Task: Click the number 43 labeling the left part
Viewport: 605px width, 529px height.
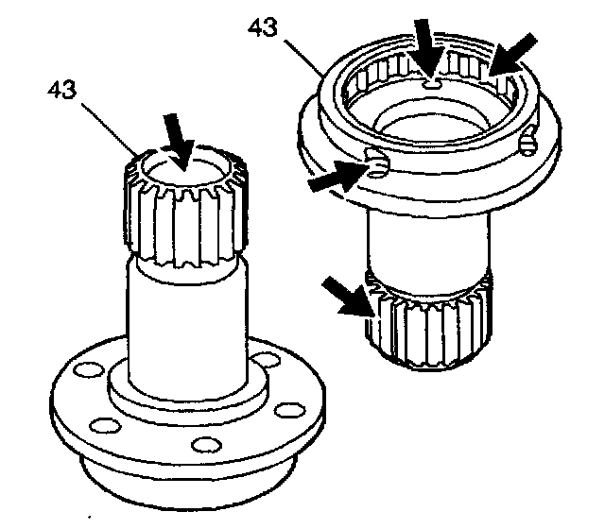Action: tap(62, 90)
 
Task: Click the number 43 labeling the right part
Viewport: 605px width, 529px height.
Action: tap(263, 28)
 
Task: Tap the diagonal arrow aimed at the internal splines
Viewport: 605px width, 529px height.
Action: tap(512, 53)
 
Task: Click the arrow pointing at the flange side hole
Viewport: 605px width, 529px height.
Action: tap(337, 176)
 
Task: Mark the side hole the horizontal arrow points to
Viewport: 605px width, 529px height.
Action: tap(376, 163)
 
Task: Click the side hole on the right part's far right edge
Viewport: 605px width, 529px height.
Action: tap(527, 142)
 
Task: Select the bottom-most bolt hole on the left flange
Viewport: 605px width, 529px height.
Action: tap(207, 445)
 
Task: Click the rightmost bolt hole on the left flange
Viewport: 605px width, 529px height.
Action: tap(290, 410)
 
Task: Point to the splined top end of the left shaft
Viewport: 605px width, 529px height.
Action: tap(185, 206)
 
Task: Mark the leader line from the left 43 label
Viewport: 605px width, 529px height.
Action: tap(110, 129)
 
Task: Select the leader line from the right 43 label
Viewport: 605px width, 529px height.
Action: tap(303, 57)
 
